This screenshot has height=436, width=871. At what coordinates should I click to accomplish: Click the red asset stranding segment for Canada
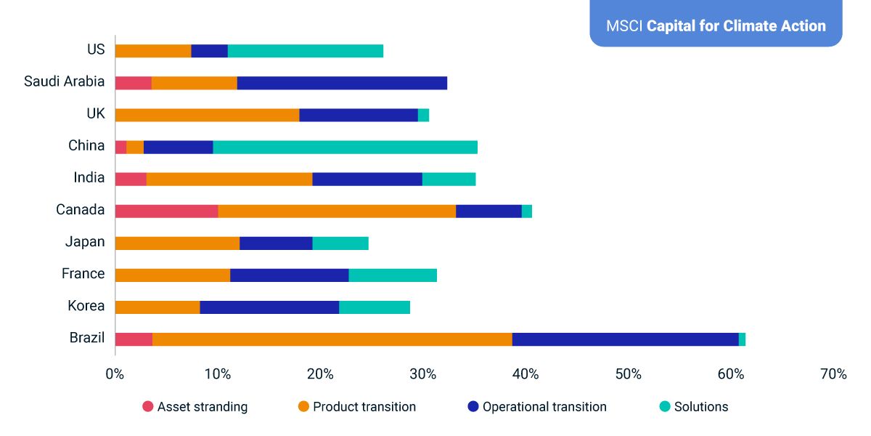(166, 211)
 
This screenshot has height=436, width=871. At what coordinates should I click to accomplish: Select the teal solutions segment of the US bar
(306, 51)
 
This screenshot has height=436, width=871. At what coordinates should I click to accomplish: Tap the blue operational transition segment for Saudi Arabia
(342, 83)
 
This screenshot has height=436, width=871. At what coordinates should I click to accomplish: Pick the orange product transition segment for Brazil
(332, 339)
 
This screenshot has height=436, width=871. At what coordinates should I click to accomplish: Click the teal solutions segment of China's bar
(345, 147)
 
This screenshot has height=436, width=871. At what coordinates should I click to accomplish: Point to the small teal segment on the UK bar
(423, 115)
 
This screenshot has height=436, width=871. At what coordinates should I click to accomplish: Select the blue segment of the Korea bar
(269, 307)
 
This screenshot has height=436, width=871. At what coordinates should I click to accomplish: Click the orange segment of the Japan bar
(177, 243)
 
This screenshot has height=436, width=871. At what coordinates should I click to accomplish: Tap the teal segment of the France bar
(393, 275)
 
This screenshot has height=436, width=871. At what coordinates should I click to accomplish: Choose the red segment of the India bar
(131, 179)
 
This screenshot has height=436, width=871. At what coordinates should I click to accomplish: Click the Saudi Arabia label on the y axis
(64, 81)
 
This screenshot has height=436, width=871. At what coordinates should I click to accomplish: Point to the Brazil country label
(87, 338)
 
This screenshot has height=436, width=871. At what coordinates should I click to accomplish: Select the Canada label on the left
(80, 210)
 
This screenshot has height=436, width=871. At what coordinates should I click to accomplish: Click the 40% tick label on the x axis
(526, 374)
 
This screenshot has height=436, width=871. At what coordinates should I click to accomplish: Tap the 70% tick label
(833, 374)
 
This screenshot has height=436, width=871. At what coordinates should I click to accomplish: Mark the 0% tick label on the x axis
(115, 374)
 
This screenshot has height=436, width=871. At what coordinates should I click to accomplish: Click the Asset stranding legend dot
(148, 407)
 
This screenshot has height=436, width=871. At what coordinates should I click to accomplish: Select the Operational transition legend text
(544, 407)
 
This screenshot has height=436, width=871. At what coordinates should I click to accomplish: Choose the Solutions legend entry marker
(665, 407)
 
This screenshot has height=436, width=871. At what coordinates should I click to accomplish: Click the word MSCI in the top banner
(624, 26)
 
